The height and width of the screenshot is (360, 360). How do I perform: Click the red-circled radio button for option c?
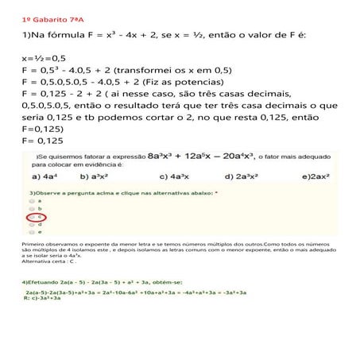[34, 216]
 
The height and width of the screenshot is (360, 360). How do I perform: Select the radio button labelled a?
[30, 201]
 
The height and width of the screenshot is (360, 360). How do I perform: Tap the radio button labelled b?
[30, 208]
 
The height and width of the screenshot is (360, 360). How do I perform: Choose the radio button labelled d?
[30, 224]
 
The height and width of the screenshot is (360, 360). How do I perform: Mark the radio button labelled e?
[30, 231]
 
